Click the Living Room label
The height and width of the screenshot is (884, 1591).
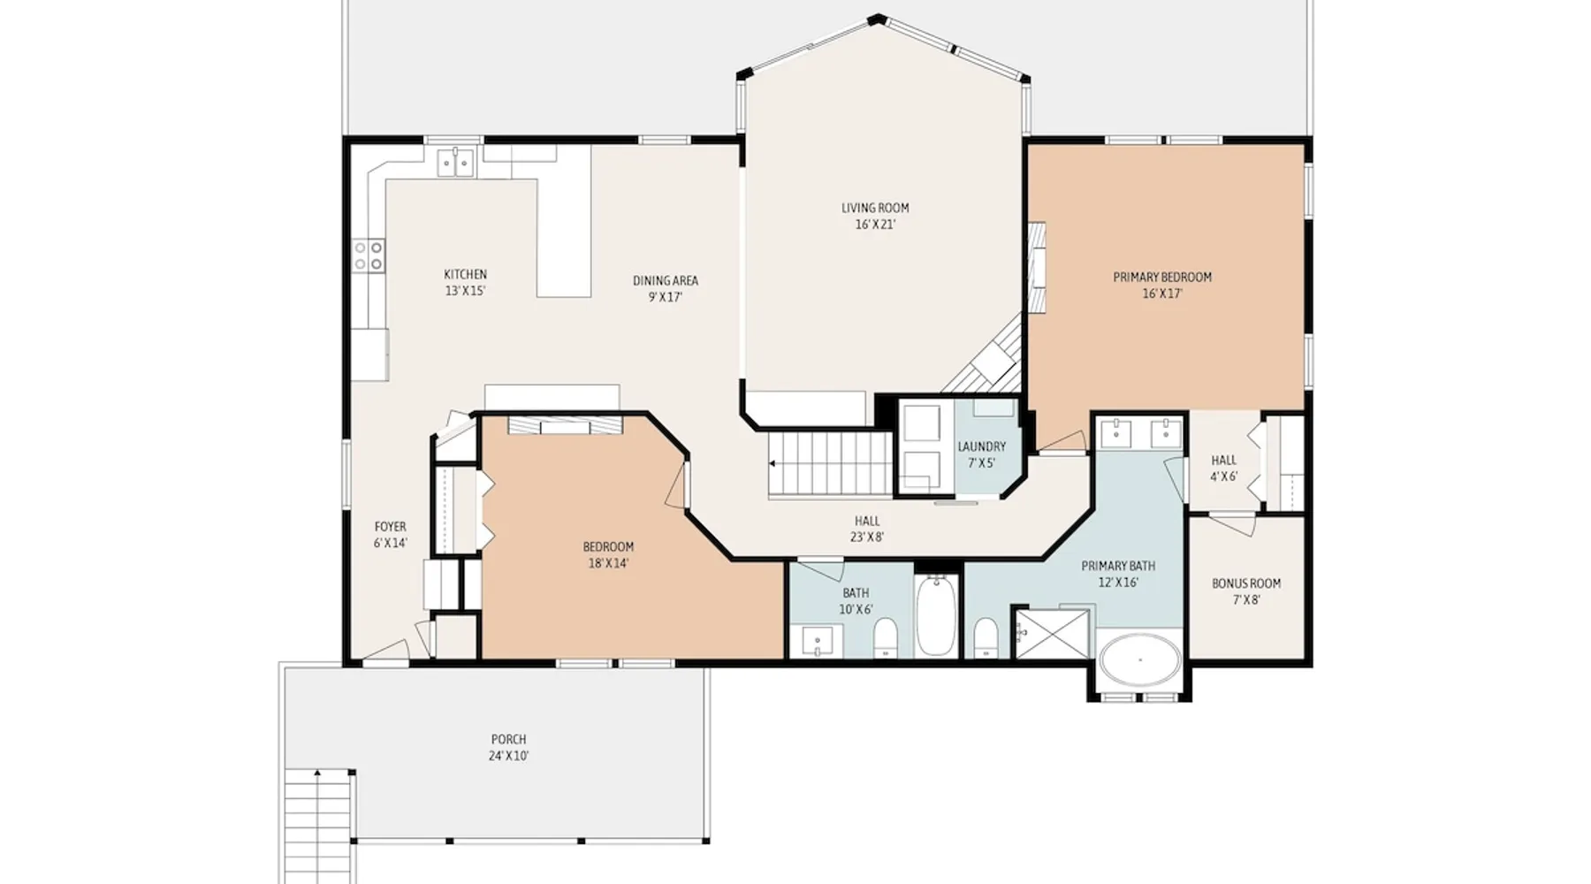(x=875, y=217)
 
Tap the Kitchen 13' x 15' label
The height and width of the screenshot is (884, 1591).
(x=465, y=283)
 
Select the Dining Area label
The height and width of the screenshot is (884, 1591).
(x=666, y=289)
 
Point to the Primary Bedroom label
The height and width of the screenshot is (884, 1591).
(x=1162, y=286)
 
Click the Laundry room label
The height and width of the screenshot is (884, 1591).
(x=981, y=455)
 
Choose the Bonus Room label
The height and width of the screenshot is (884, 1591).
(x=1246, y=591)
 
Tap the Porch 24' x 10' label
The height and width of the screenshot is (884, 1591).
(x=508, y=748)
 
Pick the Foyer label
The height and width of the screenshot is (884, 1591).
(x=390, y=535)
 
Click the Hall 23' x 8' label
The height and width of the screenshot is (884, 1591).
(x=867, y=529)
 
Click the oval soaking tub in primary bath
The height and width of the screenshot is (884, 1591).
(x=1140, y=659)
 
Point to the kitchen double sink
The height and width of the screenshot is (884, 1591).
(x=456, y=163)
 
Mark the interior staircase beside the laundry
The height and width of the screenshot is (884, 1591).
(x=829, y=464)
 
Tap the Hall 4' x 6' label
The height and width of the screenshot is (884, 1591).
(x=1224, y=469)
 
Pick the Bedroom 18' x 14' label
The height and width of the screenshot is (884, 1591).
(x=608, y=555)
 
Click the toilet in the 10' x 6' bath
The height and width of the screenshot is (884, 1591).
(x=885, y=638)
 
